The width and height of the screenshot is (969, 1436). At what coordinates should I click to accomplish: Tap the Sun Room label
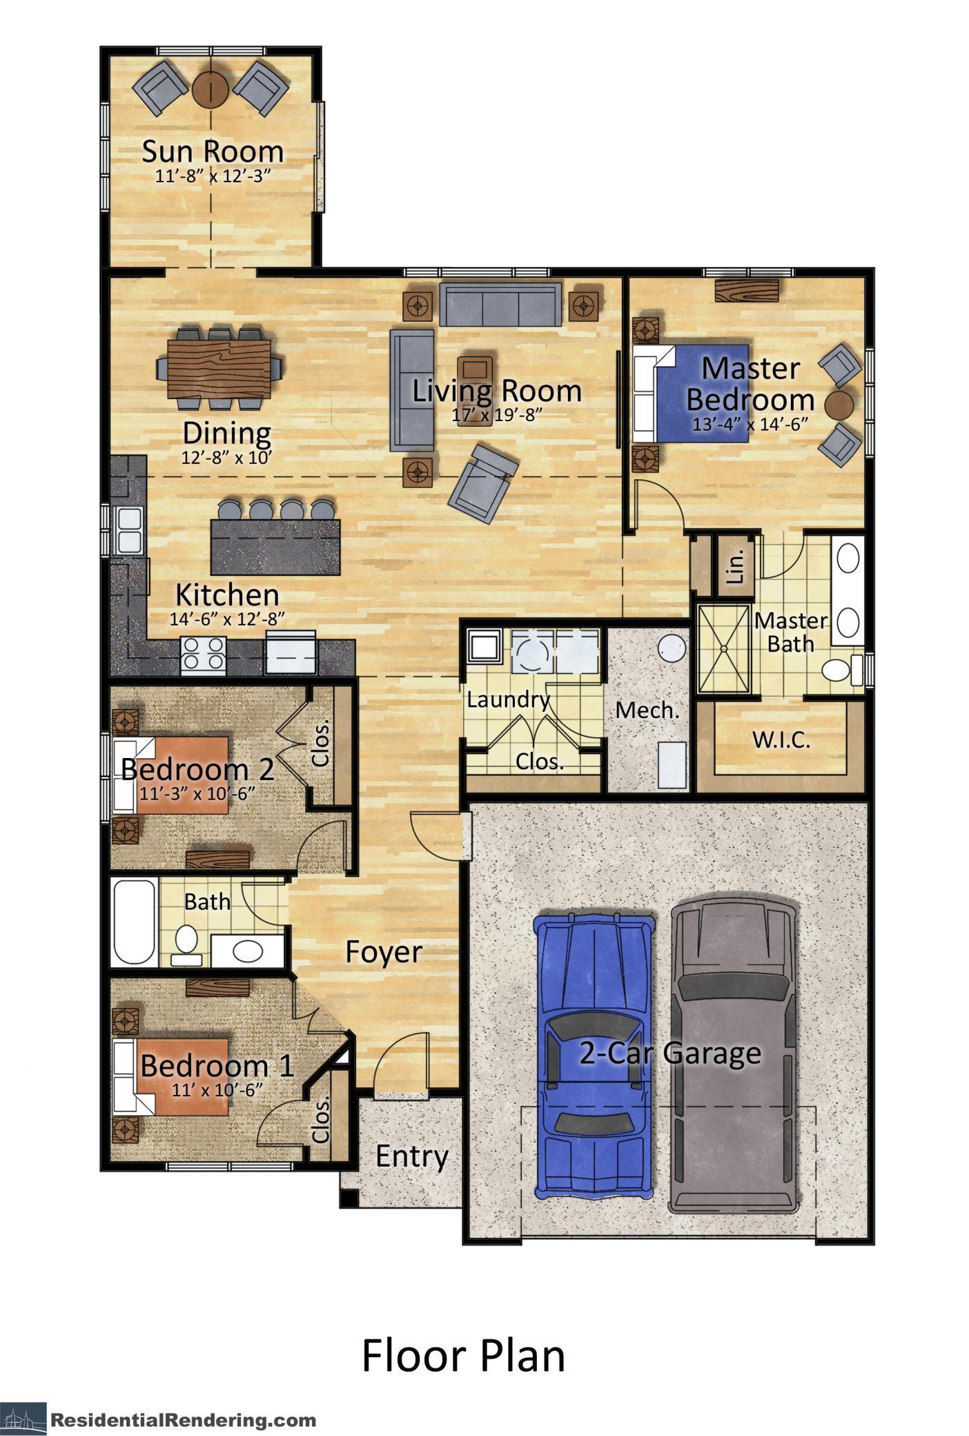pos(213,151)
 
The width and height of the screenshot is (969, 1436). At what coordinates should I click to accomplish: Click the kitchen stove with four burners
pos(203,653)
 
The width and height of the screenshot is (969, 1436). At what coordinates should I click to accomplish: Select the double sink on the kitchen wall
pos(128,530)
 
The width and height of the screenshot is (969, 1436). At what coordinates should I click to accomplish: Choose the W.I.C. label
pos(781,740)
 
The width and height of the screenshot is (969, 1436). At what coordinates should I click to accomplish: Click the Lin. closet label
pos(736,565)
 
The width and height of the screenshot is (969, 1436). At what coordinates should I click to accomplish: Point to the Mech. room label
pos(647,710)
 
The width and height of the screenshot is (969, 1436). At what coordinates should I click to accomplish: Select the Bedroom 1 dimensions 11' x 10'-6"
pos(217,1090)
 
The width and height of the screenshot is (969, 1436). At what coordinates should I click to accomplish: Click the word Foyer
pos(383,951)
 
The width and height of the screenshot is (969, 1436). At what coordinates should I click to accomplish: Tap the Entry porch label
pos(411,1156)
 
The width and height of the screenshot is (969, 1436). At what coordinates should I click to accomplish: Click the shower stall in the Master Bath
pos(723,648)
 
